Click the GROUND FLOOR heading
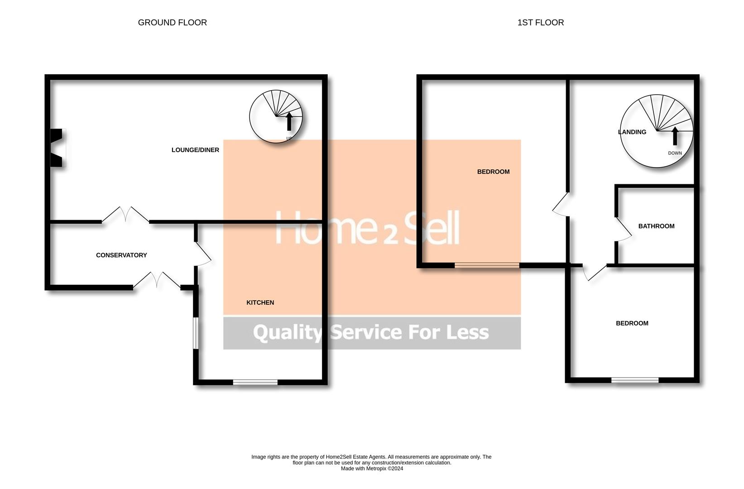coord(172,23)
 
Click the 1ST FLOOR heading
coord(540,23)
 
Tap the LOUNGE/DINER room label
coord(195,150)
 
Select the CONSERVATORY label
coord(121,255)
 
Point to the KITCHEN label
coord(260,302)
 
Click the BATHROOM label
coord(656,226)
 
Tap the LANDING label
coord(632,132)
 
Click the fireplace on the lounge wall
coord(57,148)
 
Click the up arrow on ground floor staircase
coord(289,121)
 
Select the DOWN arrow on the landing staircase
coord(675,136)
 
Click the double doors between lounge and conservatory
coord(125,215)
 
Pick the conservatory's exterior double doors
coord(157,280)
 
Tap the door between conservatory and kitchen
coord(202,254)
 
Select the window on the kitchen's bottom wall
coord(255,383)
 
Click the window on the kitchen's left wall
coord(196,333)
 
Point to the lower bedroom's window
coord(634,380)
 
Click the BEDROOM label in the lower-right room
coord(632,323)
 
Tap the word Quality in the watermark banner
coord(287,333)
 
